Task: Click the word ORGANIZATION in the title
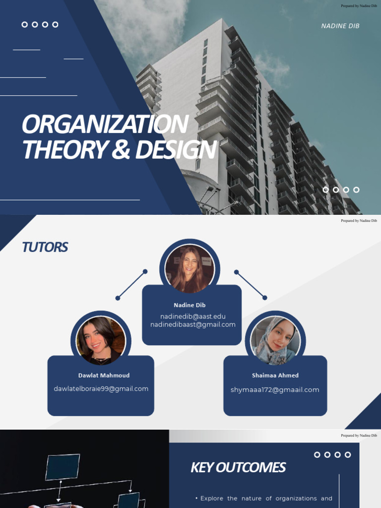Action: (x=105, y=124)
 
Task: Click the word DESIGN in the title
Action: (x=176, y=149)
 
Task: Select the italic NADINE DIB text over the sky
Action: (x=340, y=26)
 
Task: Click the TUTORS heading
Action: (x=45, y=247)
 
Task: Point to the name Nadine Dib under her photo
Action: (x=190, y=305)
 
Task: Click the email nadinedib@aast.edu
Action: (x=193, y=316)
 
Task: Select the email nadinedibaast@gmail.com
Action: (x=193, y=324)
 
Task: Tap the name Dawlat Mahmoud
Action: (x=104, y=376)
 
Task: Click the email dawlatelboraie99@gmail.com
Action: (x=101, y=389)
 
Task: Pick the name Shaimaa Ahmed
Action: (x=275, y=376)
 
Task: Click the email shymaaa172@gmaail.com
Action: (x=275, y=390)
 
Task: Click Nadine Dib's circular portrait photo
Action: (x=190, y=268)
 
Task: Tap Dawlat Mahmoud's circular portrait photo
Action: (x=101, y=340)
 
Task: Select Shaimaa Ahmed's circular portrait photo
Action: (x=275, y=340)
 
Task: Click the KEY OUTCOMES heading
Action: (x=238, y=467)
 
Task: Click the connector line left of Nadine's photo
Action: (x=131, y=285)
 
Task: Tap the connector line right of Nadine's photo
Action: (x=251, y=285)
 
